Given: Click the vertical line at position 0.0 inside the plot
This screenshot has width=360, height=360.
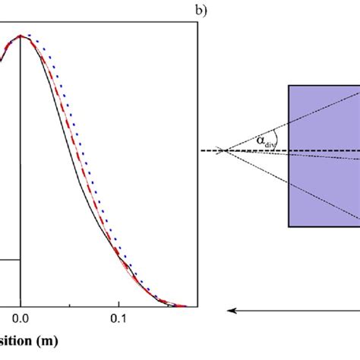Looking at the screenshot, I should click(21, 190).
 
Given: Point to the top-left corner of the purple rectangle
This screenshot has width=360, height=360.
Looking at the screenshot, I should click(289, 85).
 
